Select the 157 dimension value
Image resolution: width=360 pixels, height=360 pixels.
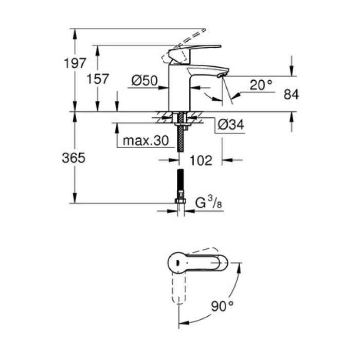pyautogui.click(x=98, y=79)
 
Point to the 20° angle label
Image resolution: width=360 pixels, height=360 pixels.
pyautogui.click(x=261, y=85)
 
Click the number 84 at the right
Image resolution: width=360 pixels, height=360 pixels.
pyautogui.click(x=291, y=94)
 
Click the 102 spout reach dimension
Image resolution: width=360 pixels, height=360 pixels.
pyautogui.click(x=201, y=160)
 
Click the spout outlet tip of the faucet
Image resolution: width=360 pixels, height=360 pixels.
pyautogui.click(x=221, y=76)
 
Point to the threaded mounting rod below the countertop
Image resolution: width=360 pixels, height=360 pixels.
pyautogui.click(x=180, y=136)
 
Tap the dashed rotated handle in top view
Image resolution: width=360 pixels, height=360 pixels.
pyautogui.click(x=177, y=291)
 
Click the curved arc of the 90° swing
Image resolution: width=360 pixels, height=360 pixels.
pyautogui.click(x=231, y=296)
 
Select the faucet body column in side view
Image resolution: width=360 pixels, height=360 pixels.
pyautogui.click(x=180, y=87)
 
